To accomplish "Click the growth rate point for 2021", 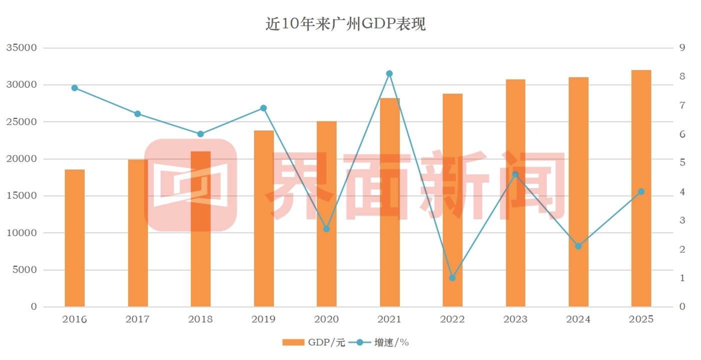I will click(389, 73).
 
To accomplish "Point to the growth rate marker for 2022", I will click(452, 278).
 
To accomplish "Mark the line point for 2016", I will click(74, 88).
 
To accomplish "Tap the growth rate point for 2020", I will click(326, 229).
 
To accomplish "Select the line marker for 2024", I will click(578, 246).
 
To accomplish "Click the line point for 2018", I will click(200, 134).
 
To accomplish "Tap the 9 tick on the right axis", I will click(681, 48).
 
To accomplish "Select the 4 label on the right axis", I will click(681, 192).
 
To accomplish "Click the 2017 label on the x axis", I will click(137, 319).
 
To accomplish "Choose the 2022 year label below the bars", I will click(452, 319).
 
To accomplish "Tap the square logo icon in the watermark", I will click(190, 185).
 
